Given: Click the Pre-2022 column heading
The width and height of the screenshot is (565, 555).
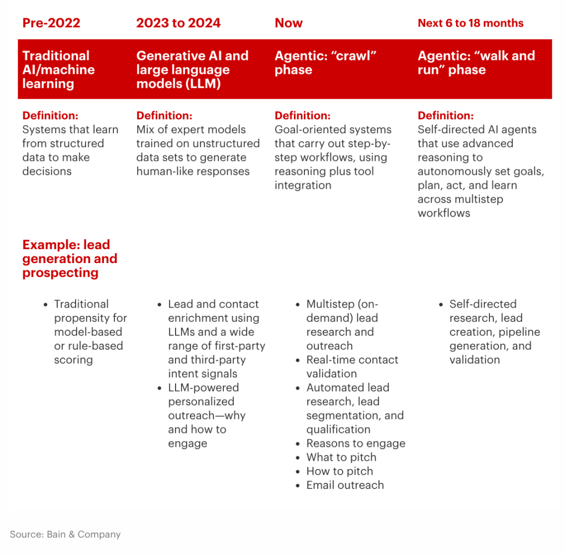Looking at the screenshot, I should point(51,23).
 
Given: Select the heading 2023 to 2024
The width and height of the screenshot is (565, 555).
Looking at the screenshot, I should point(178,23).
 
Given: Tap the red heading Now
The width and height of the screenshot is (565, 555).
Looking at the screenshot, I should point(288,23).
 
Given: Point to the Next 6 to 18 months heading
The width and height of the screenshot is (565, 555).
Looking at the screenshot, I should point(471,23).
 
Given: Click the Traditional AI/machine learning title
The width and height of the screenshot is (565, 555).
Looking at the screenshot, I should point(58,70).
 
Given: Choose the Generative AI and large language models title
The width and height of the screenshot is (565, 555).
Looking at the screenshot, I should point(192,70).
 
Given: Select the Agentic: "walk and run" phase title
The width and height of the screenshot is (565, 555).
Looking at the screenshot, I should point(476,63).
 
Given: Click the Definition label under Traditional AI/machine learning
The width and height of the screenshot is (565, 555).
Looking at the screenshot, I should point(50,116).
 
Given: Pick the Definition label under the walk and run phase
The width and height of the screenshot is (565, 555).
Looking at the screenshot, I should point(446,116).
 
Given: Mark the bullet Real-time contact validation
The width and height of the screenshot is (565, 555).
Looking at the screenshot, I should point(352,366).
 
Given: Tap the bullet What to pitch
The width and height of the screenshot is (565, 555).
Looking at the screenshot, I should point(341,457).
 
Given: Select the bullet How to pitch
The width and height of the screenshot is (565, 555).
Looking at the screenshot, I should point(339,471).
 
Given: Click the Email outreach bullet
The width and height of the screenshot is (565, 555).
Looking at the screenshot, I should point(345,485).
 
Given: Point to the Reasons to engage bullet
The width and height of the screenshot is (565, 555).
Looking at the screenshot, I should point(356,443).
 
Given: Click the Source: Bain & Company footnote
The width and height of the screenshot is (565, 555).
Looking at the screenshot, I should point(65,534).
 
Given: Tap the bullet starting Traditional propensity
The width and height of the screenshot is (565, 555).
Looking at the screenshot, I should point(90,332).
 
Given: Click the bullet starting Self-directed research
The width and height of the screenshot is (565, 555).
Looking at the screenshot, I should point(494,332).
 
